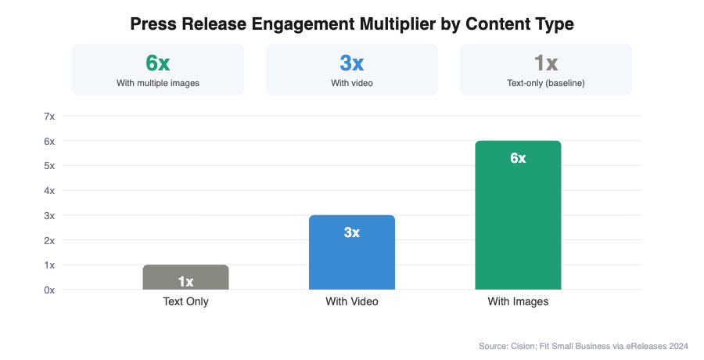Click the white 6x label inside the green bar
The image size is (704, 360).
[518, 158]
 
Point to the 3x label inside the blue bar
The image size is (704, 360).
[351, 232]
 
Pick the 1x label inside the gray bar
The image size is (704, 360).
[185, 282]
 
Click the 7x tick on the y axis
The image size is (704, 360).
[49, 117]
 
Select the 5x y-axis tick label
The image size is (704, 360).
[49, 166]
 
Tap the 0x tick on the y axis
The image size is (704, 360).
[49, 290]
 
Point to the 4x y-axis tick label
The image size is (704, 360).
[49, 191]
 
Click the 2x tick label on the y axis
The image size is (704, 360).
[49, 240]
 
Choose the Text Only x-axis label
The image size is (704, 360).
[185, 302]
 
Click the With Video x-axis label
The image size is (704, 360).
[352, 302]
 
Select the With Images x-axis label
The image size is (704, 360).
[518, 302]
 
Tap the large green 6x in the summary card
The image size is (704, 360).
[157, 63]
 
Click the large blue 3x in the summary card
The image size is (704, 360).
[351, 63]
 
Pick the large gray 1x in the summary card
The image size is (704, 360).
[545, 63]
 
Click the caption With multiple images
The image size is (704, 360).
[157, 81]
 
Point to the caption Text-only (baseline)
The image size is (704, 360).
[545, 81]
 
